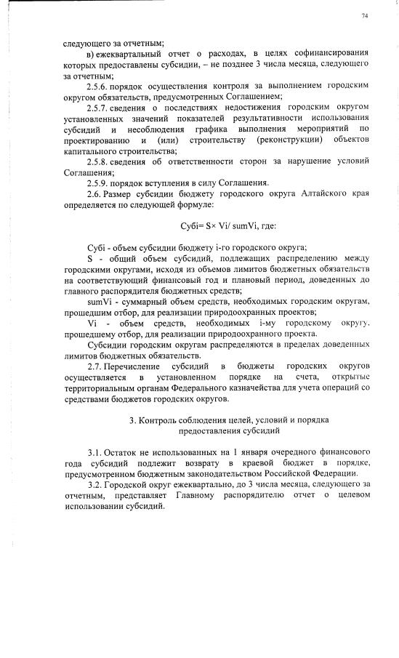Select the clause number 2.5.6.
point(98,85)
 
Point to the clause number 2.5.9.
point(98,182)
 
